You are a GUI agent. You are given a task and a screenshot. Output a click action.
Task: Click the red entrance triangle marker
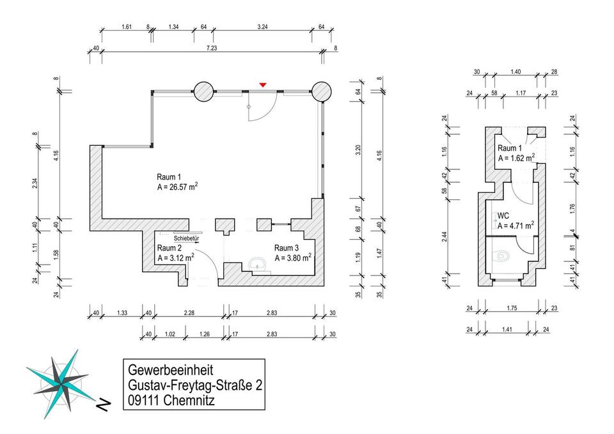pyautogui.click(x=262, y=85)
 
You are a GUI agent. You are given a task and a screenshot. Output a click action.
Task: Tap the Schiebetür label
pyautogui.click(x=186, y=238)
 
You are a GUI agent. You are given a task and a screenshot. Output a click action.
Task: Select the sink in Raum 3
pyautogui.click(x=258, y=263)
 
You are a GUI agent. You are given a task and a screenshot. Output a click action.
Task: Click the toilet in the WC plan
pyautogui.click(x=503, y=255)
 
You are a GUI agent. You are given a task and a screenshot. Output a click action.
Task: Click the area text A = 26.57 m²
pyautogui.click(x=177, y=188)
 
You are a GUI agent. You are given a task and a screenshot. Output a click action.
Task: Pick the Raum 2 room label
pyautogui.click(x=169, y=248)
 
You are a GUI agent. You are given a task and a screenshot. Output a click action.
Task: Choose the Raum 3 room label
pyautogui.click(x=287, y=248)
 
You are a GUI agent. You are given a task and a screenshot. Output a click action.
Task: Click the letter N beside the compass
pyautogui.click(x=102, y=404)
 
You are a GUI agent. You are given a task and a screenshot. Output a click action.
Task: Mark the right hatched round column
pyautogui.click(x=321, y=91)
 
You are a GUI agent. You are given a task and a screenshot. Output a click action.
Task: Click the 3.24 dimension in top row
pyautogui.click(x=262, y=27)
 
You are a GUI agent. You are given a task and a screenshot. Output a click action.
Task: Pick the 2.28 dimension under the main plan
pyautogui.click(x=188, y=313)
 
